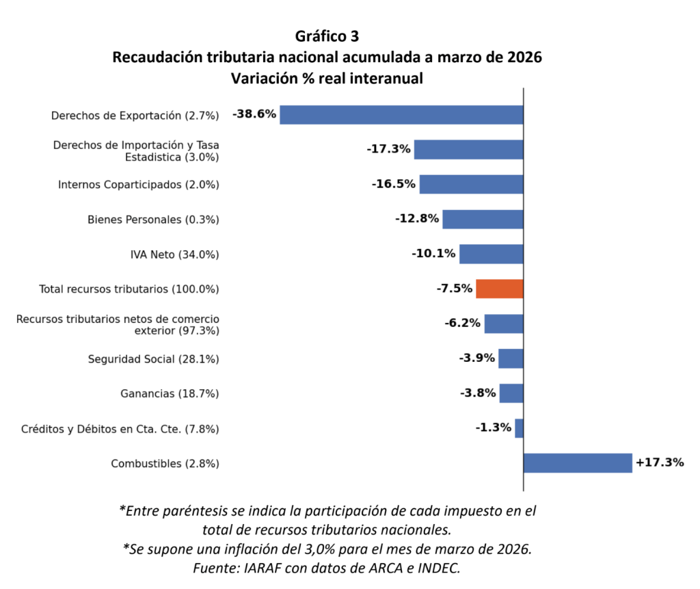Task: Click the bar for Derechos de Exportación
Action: click(401, 114)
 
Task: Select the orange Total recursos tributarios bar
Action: click(499, 289)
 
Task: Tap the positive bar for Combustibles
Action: click(578, 463)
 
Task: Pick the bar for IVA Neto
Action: click(491, 254)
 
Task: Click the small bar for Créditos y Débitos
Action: click(519, 428)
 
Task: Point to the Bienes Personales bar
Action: click(483, 219)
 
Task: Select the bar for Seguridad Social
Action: click(511, 358)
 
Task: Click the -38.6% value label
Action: click(254, 114)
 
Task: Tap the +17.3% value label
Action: click(660, 462)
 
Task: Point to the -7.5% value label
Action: click(455, 289)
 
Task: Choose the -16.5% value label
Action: click(394, 184)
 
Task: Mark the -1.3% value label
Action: click(494, 428)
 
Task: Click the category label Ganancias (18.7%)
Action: click(170, 394)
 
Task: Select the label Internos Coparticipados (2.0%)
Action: click(138, 185)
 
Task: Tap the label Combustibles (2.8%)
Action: click(165, 464)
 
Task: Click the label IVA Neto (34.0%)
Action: click(174, 254)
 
